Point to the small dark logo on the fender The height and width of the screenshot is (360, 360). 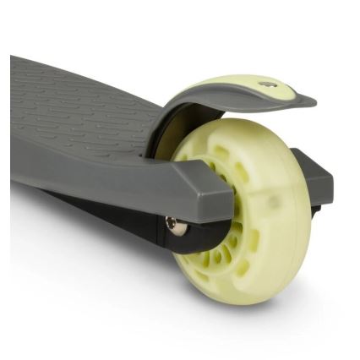pos(269,85)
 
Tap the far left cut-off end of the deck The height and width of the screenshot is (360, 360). pos(15,127)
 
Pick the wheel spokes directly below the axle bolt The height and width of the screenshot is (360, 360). pos(190,254)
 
